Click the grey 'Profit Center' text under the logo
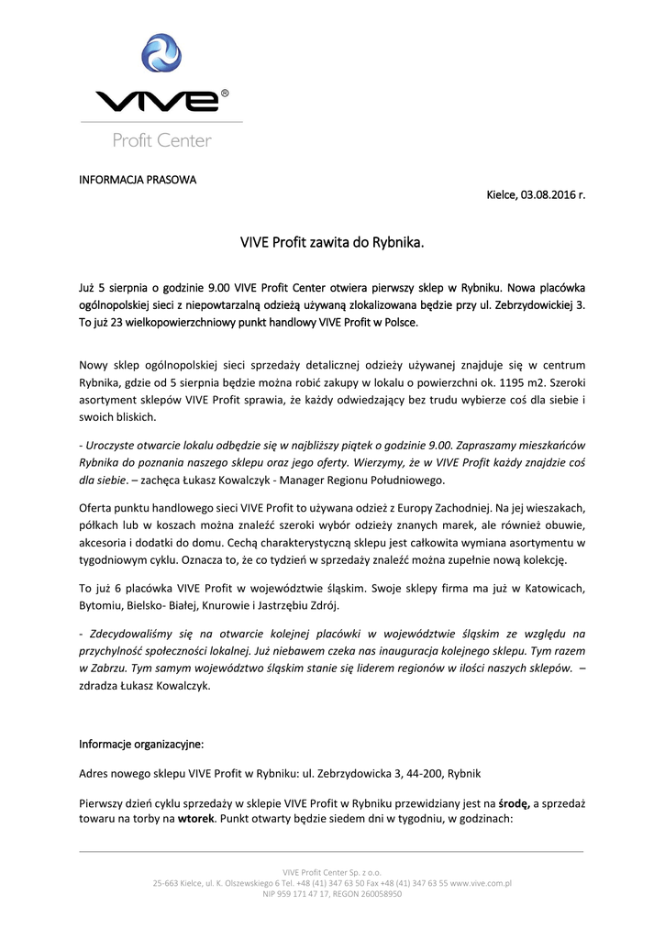(x=161, y=141)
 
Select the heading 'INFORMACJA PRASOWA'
(x=138, y=179)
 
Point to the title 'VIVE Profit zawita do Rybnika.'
(x=332, y=244)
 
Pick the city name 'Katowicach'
(x=545, y=587)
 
